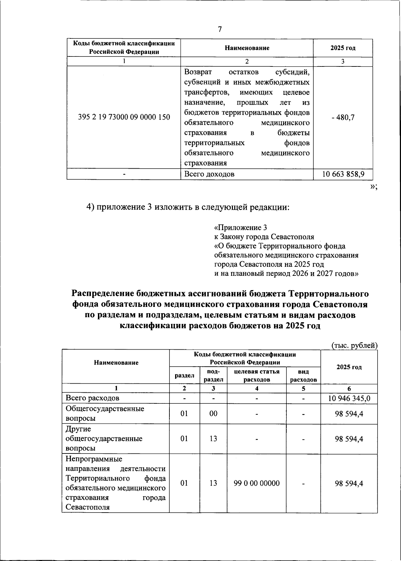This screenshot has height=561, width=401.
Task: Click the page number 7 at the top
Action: point(220,29)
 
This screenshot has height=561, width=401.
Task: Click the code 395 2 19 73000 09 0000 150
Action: point(124,117)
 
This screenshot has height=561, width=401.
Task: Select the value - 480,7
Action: point(343,117)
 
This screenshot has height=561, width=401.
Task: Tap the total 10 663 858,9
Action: point(343,174)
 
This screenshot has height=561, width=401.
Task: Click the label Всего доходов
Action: point(210,174)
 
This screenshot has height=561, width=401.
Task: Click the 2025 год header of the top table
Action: point(343,48)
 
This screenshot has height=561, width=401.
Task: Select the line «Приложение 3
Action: point(240,228)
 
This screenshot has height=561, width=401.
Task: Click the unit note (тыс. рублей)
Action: point(355,345)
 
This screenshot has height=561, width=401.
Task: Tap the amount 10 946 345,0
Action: point(349,398)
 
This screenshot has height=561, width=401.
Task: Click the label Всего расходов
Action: point(93,398)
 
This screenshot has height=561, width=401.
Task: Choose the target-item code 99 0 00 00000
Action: point(257,483)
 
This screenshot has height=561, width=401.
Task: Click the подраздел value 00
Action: point(213,413)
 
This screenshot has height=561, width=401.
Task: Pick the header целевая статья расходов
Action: point(257,375)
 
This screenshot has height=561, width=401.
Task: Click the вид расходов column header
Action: point(303,375)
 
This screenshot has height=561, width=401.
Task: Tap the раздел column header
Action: point(184,375)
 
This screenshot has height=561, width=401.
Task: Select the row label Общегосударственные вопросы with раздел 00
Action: point(105,413)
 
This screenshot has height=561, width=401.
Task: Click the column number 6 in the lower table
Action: point(349,388)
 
